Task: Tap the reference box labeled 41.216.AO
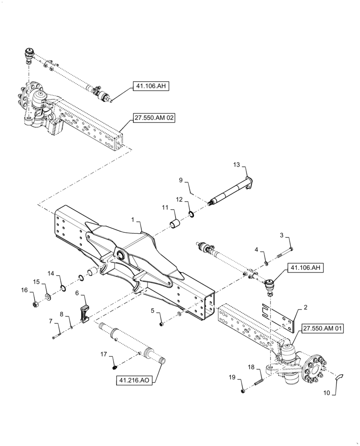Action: (134, 380)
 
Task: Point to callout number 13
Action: (236, 165)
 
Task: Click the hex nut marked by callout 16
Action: (36, 305)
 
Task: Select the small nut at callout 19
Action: (243, 391)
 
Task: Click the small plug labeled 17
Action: (115, 367)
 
